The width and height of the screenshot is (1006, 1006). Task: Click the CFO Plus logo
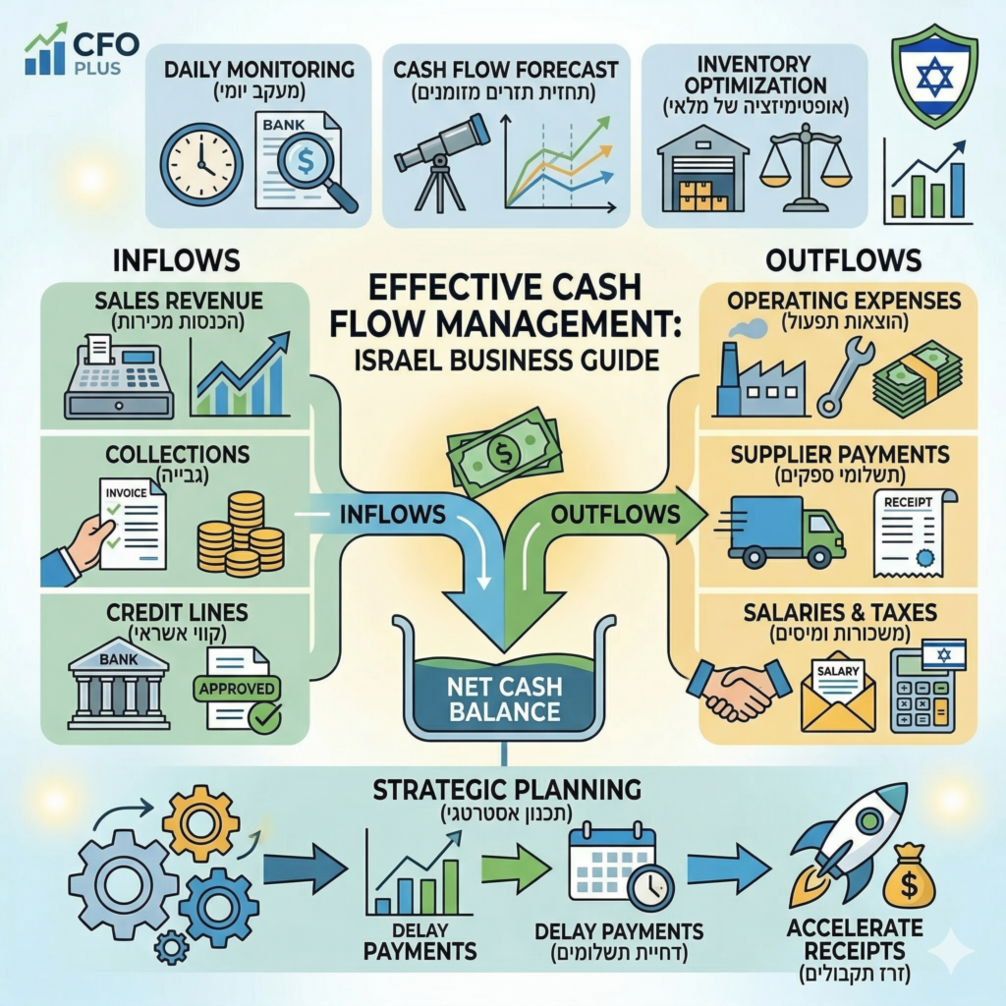pyautogui.click(x=82, y=52)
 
